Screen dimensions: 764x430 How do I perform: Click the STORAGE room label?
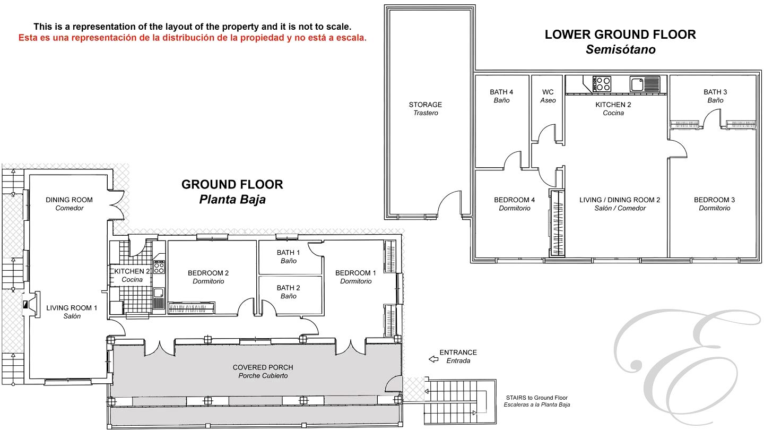[426, 108]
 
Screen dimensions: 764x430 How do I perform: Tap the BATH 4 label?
[501, 96]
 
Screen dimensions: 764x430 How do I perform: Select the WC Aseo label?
[548, 96]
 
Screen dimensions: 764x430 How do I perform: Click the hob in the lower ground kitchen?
[602, 84]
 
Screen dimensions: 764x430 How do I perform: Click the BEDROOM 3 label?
[714, 204]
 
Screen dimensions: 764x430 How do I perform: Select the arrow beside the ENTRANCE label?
[433, 359]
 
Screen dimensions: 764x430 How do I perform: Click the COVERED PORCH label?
[263, 371]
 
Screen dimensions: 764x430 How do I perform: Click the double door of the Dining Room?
[117, 204]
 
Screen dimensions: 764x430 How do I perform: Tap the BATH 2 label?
[288, 292]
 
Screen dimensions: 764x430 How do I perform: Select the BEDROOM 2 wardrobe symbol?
[192, 308]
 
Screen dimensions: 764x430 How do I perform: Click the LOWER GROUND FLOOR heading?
[620, 35]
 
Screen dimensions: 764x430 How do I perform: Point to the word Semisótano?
[621, 49]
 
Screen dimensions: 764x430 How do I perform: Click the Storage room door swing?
[449, 204]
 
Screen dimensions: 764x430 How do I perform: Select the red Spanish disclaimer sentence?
[193, 38]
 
